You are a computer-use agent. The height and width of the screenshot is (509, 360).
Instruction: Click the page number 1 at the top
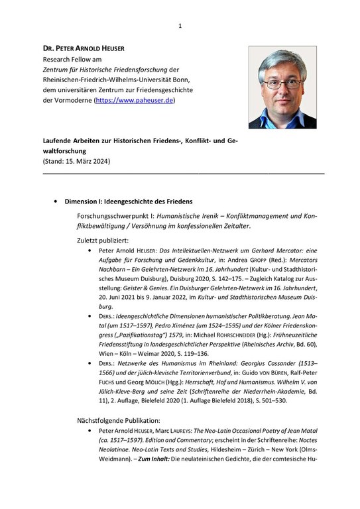click(180, 26)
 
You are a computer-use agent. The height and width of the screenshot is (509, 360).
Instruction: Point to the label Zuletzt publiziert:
click(102, 239)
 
